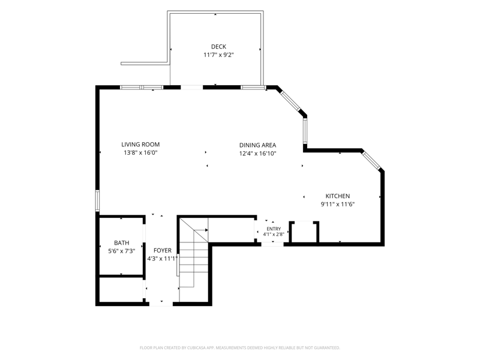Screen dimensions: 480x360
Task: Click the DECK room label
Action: coord(218,47)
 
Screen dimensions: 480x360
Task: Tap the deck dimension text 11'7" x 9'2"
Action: coord(218,55)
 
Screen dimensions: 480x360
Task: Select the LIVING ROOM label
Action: coord(140,145)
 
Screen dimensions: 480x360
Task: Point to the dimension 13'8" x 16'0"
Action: coord(140,153)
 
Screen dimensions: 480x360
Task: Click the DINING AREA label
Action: coord(258,145)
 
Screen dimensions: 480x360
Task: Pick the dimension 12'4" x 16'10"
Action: coord(258,154)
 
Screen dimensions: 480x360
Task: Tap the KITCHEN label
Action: coord(338,196)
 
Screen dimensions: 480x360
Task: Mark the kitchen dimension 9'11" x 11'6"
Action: coord(338,204)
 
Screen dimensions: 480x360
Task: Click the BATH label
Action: coord(122,243)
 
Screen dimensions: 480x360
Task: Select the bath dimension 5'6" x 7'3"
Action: coord(122,251)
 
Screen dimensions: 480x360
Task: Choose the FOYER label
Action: coord(163,250)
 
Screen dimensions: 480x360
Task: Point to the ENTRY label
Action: coord(274,229)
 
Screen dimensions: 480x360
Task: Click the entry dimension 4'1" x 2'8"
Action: coord(274,234)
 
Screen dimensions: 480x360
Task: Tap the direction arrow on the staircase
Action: coord(201,230)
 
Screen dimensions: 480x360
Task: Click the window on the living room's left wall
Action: coord(97,200)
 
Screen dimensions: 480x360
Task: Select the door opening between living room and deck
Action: coord(191,88)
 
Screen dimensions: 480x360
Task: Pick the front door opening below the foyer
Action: coord(161,304)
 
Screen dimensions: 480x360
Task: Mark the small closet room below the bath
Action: coord(122,290)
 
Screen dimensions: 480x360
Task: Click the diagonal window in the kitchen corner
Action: coord(371,160)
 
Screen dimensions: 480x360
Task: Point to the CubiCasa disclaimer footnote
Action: coord(239,348)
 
